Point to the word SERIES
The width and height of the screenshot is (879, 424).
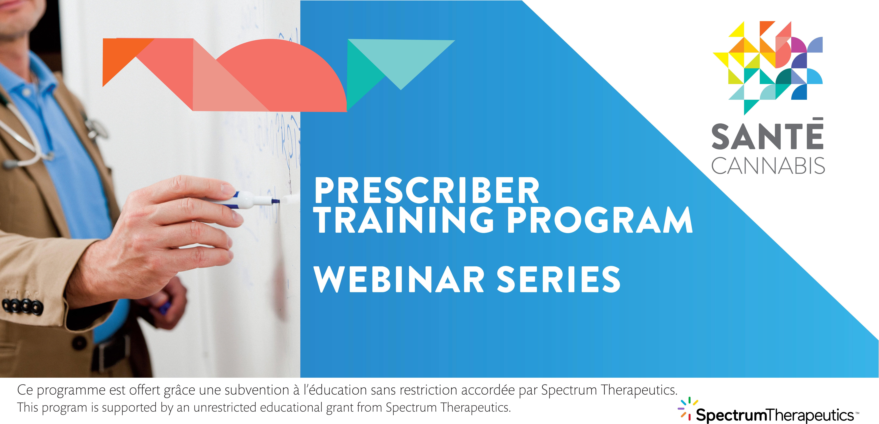559,279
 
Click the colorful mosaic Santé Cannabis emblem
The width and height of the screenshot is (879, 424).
768,67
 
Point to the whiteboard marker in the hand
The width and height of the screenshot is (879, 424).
254,200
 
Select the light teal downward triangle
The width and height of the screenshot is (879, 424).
401,58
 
